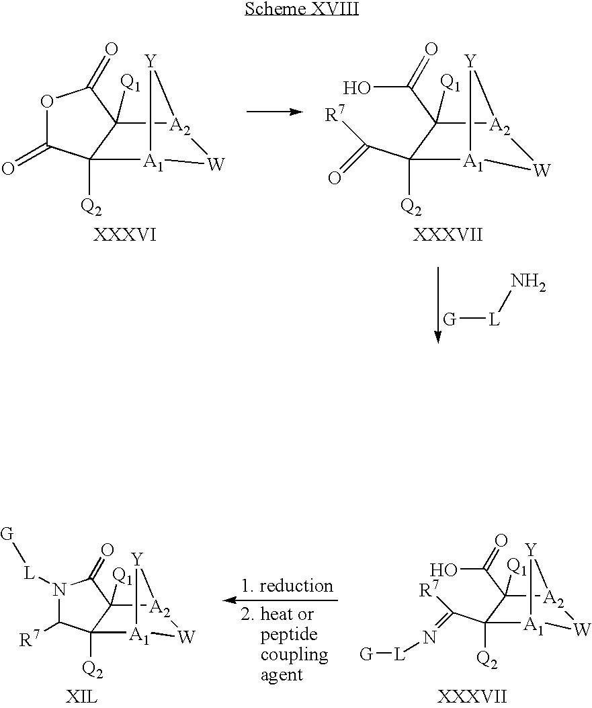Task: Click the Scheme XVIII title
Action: (301, 9)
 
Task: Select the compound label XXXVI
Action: (126, 235)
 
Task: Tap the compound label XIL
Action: (83, 697)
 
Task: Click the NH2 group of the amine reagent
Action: (527, 285)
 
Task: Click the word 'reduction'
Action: (296, 586)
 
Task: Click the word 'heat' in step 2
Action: (284, 615)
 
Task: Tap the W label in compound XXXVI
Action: (214, 164)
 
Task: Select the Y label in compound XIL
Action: (137, 559)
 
